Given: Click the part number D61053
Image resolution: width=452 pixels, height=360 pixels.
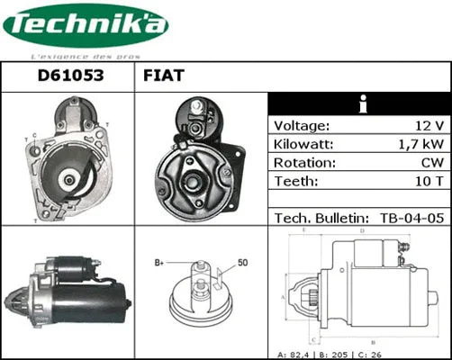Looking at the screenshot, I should point(68,76).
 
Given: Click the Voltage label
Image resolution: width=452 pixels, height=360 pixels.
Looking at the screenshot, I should point(302,126).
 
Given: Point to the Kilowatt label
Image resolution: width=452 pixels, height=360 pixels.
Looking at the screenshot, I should point(304,145).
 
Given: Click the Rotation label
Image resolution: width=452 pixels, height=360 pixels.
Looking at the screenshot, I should point(304,164).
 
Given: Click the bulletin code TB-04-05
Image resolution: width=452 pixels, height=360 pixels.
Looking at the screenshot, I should point(410,218).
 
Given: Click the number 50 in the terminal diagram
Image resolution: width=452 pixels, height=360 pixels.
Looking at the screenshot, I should point(241,263).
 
